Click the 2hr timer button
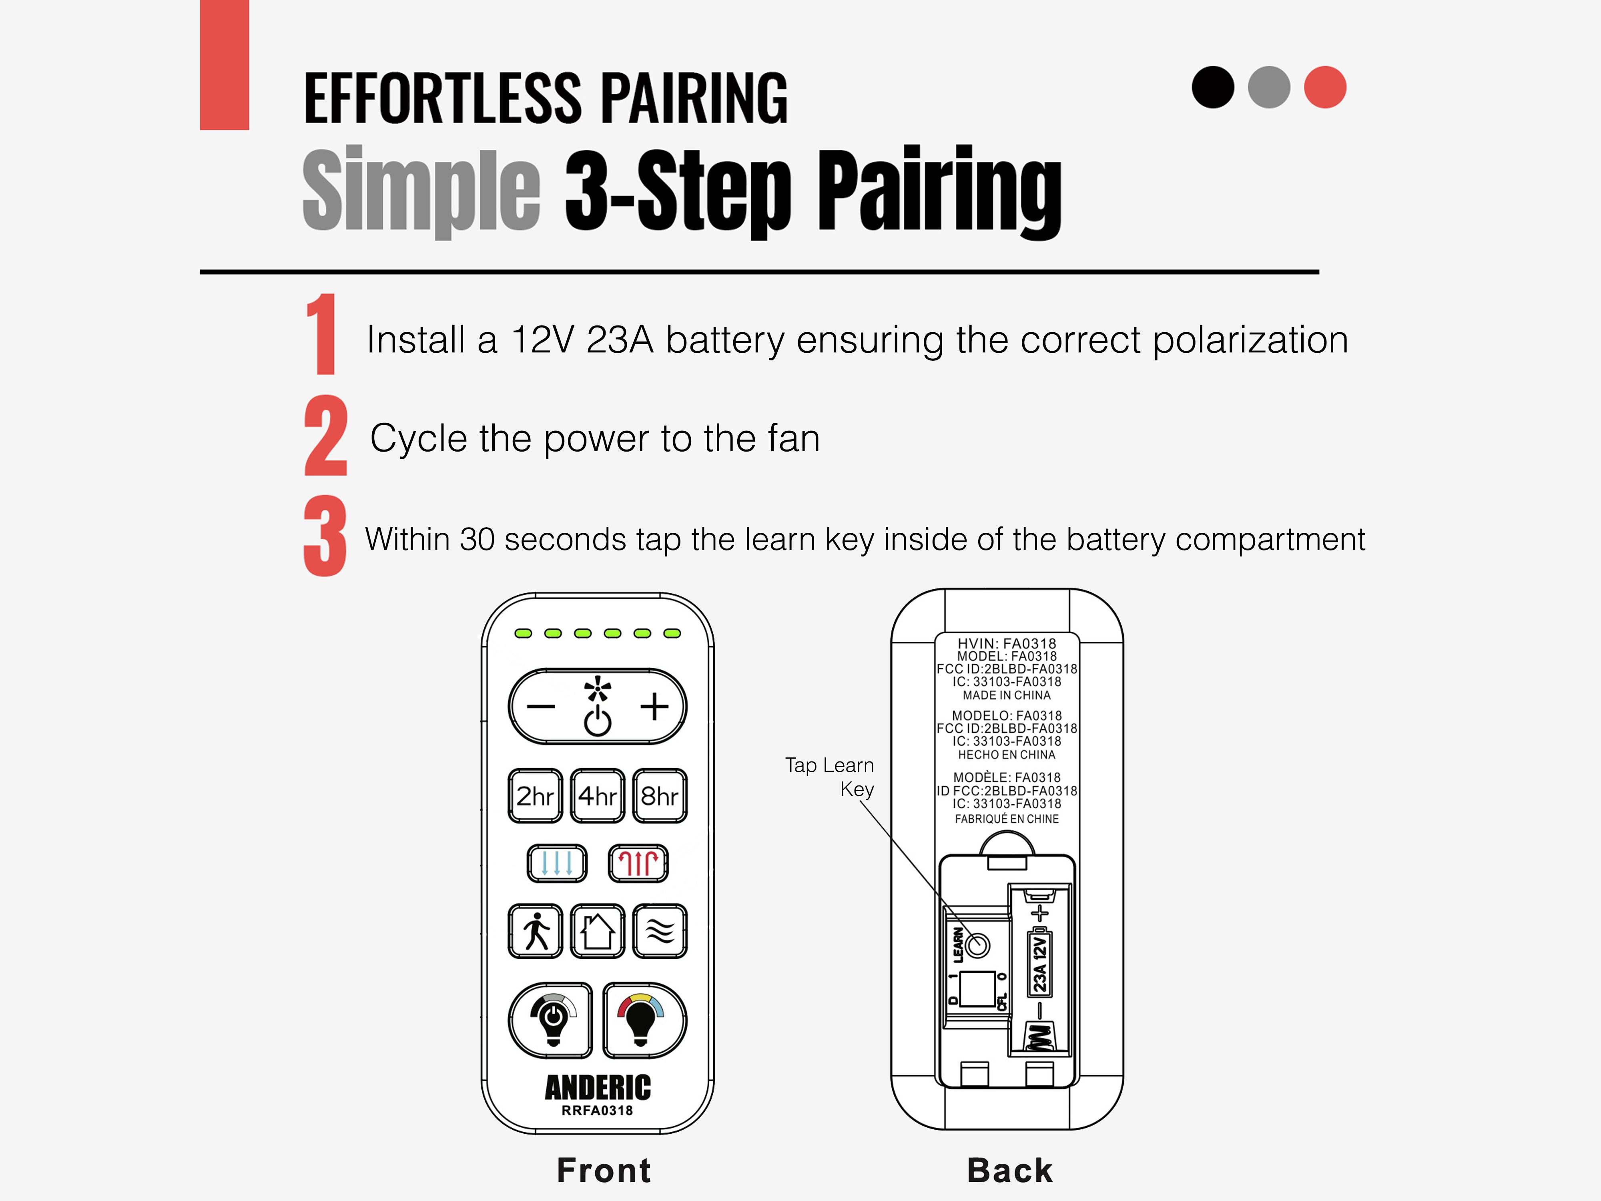pos(535,795)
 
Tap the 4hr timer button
pos(597,795)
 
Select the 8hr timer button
pos(659,795)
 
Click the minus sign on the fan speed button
pos(541,707)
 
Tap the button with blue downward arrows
pos(557,863)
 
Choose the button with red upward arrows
pos(638,863)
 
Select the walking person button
pos(535,931)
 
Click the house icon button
pos(597,931)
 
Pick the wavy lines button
pos(659,931)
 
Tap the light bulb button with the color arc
pos(644,1019)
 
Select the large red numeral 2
pos(326,436)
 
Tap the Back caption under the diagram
pos(1010,1171)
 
